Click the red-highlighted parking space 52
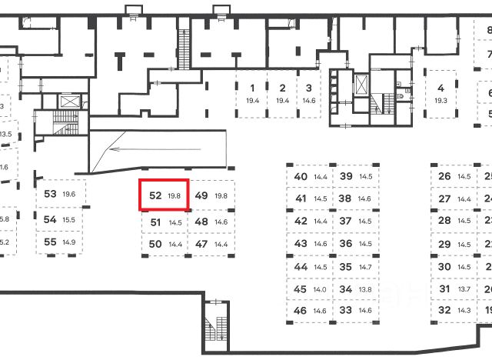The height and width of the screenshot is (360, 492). coord(163,195)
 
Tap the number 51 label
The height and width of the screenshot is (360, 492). coord(155,222)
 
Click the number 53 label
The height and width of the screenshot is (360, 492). coord(51,194)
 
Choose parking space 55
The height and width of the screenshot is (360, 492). coord(59,242)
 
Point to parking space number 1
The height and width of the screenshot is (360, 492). coord(251,95)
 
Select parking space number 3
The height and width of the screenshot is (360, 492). coord(308,95)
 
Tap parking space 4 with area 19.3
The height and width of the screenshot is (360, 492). coord(440,95)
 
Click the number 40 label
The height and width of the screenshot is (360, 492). coord(301,176)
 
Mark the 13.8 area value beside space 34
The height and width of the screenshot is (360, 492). coord(365,289)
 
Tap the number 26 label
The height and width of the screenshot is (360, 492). coord(444,176)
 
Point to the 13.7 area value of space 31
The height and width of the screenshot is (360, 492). coord(464,289)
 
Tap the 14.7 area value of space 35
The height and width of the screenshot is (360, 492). coord(365,267)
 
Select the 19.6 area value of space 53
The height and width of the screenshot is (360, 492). coord(68,195)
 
